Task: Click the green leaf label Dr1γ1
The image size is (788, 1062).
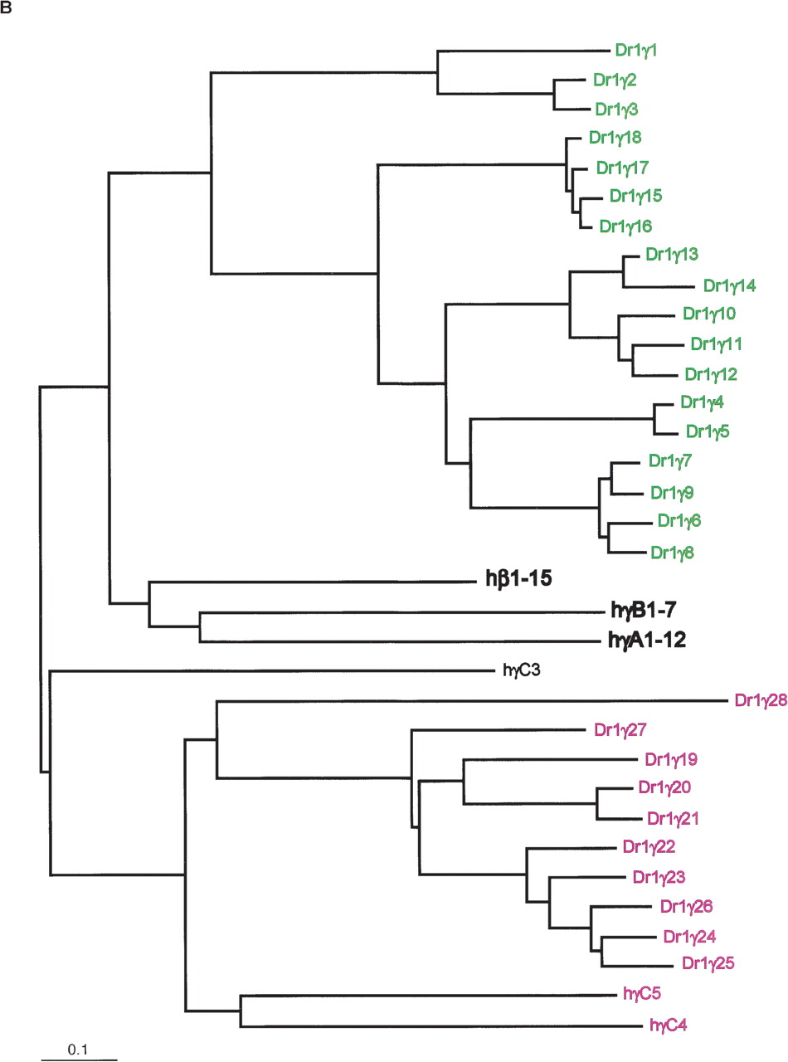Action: (638, 50)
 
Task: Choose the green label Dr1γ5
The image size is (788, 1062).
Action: (708, 431)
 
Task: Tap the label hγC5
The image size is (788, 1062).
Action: (641, 992)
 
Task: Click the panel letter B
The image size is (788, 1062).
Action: (7, 7)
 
